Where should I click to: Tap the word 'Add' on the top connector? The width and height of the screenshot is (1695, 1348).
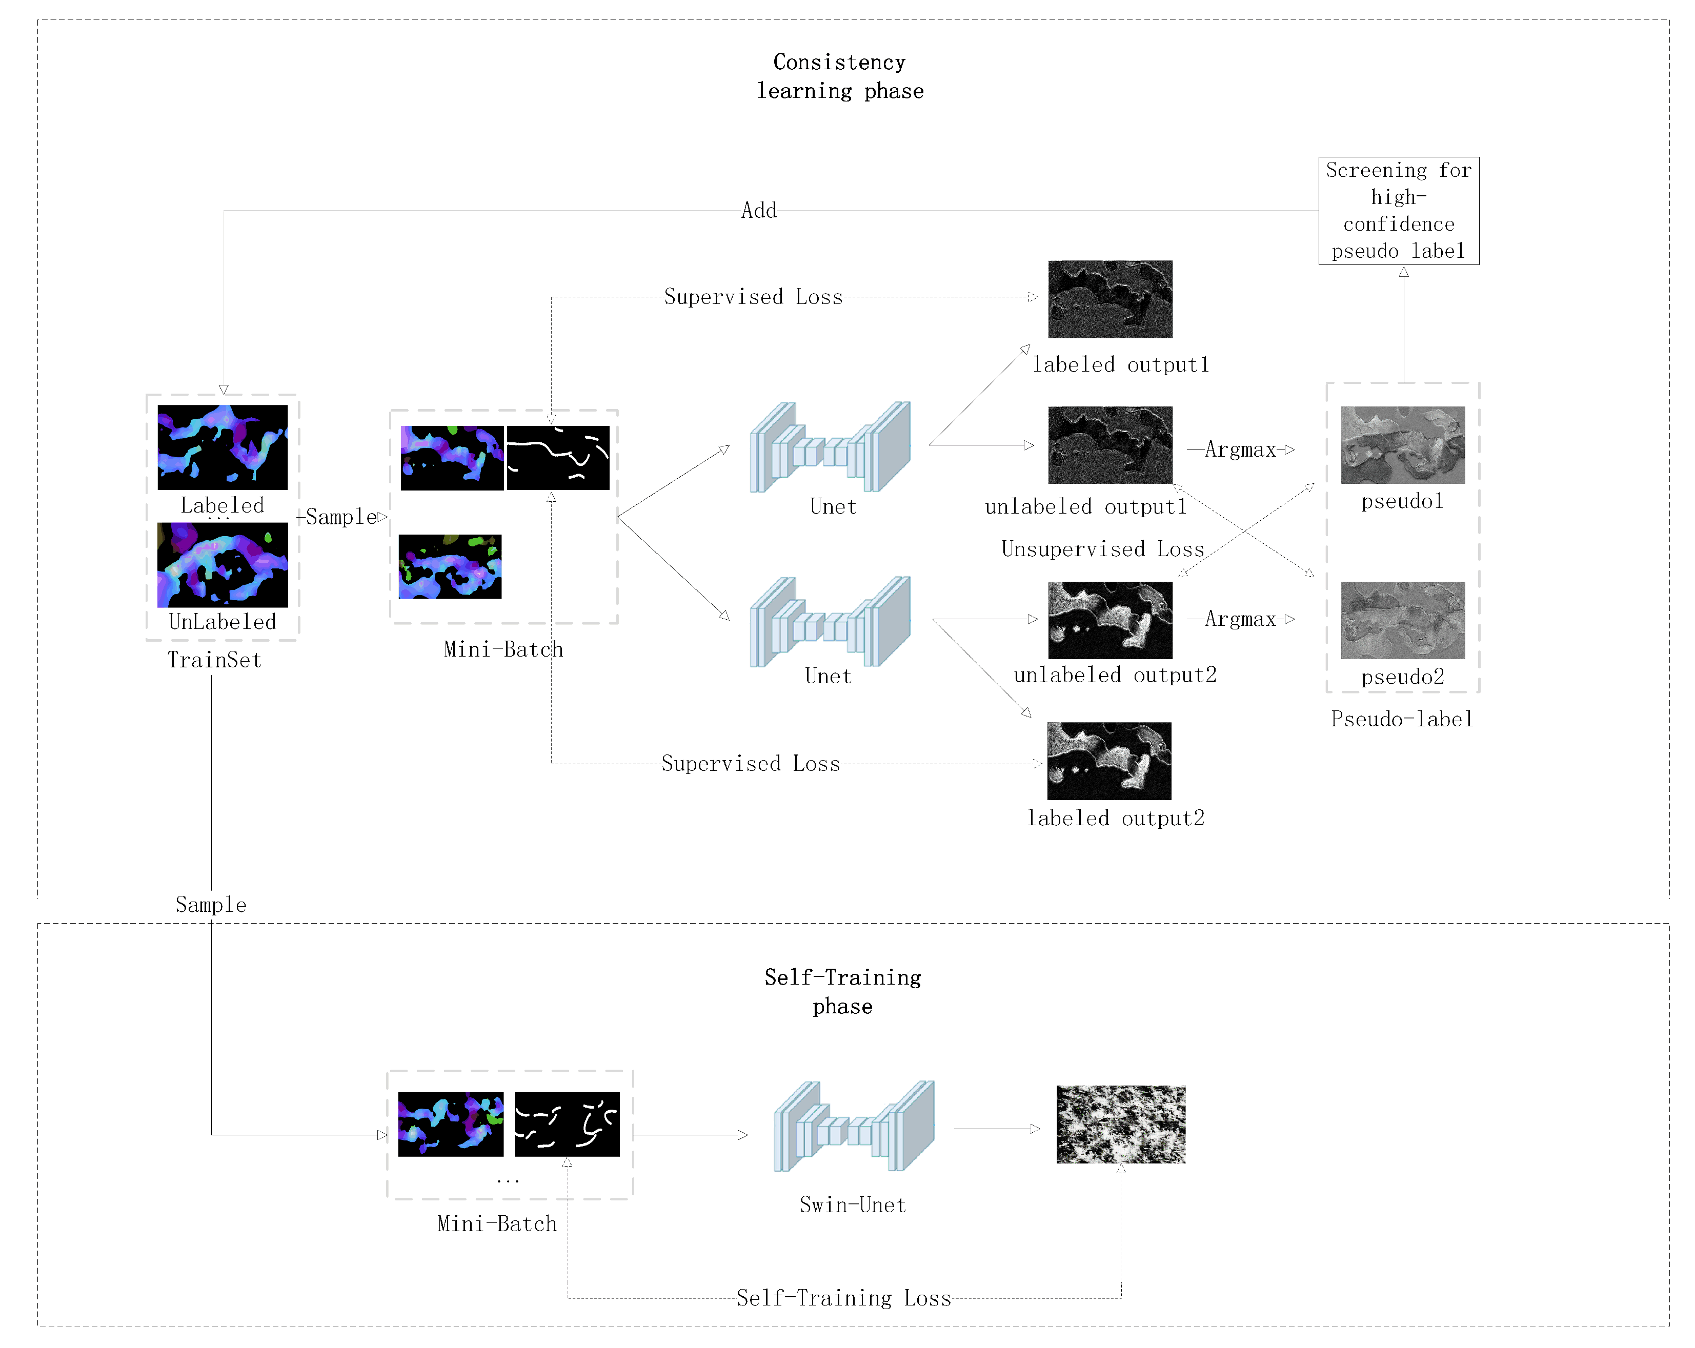pos(759,211)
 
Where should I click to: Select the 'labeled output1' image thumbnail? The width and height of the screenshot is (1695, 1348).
pos(1110,299)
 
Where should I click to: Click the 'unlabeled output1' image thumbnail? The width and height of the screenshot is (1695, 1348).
pos(1110,445)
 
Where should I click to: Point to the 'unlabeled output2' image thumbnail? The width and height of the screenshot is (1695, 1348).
pos(1110,620)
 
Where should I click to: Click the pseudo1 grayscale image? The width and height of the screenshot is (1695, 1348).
pos(1403,445)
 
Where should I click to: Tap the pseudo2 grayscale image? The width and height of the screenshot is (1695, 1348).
pos(1403,620)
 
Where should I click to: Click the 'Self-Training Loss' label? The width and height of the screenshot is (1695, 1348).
pos(843,1298)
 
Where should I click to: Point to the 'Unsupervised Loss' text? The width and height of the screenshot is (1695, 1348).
pos(1102,548)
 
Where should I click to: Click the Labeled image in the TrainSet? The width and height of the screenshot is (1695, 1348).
pos(223,447)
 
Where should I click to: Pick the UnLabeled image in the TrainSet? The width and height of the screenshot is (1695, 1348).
pos(223,564)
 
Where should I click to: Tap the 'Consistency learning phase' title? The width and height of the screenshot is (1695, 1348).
pos(840,76)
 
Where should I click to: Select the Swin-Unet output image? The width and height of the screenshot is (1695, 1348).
pos(1120,1124)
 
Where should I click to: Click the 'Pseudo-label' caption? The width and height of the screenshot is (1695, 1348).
pos(1402,719)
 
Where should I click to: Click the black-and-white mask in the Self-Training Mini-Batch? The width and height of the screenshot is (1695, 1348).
pos(567,1124)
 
